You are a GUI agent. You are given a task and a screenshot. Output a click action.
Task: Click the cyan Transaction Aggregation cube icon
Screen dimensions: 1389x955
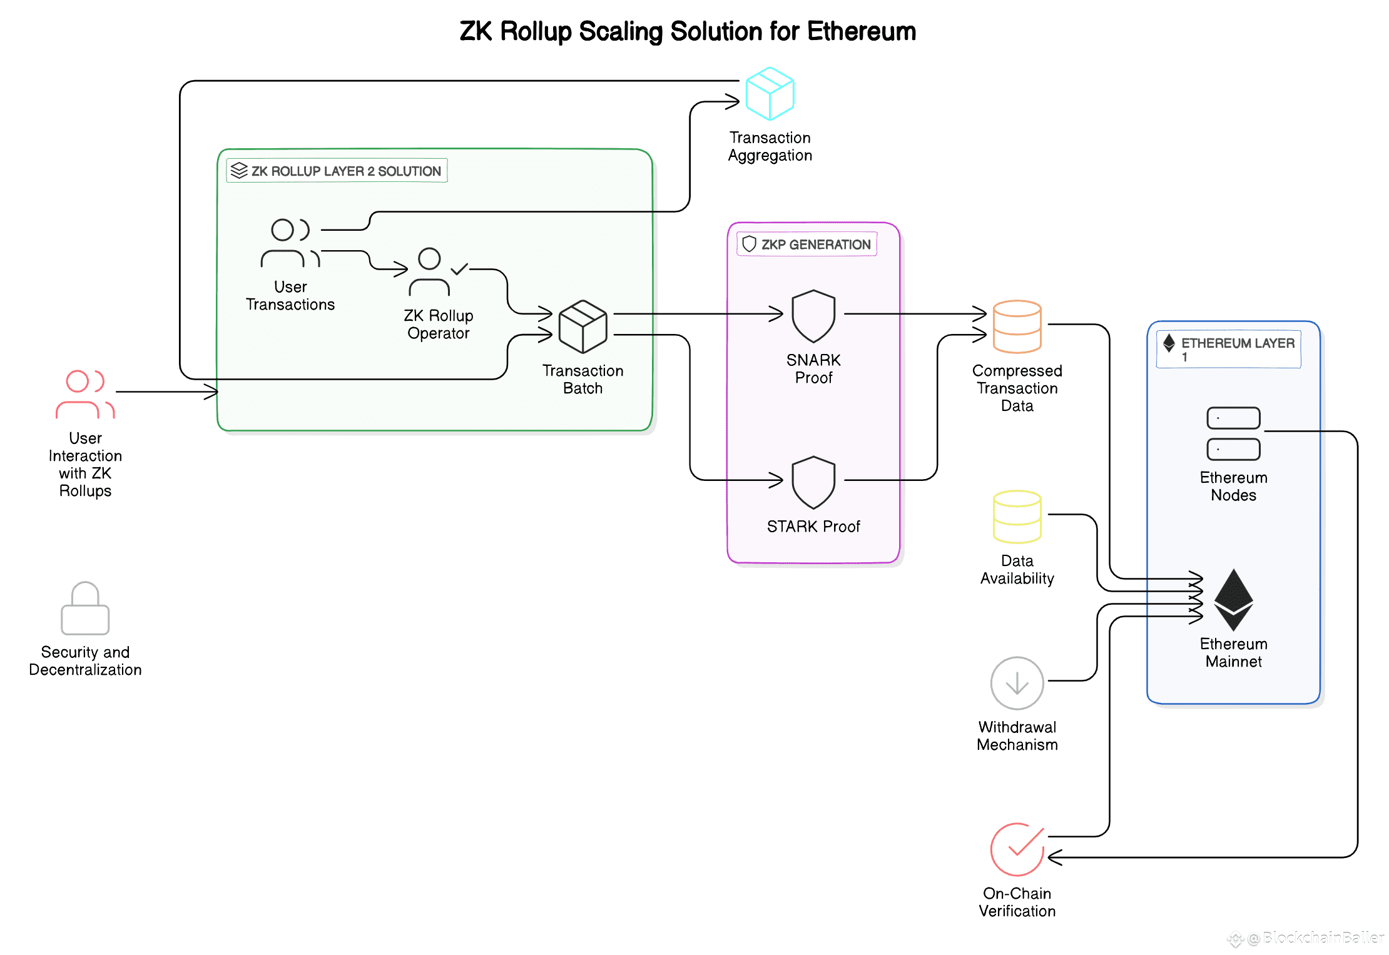pyautogui.click(x=770, y=94)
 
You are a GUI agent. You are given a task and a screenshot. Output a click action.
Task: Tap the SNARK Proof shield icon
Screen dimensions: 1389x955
pyautogui.click(x=813, y=316)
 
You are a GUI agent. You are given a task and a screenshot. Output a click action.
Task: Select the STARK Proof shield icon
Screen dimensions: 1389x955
pyautogui.click(x=813, y=482)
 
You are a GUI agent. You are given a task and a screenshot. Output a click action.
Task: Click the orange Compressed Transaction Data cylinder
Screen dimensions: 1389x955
pyautogui.click(x=1017, y=326)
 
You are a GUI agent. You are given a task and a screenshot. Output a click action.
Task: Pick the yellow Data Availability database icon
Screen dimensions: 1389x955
pyautogui.click(x=1017, y=517)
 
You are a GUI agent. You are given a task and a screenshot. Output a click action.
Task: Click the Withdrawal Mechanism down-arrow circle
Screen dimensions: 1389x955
pyautogui.click(x=1017, y=683)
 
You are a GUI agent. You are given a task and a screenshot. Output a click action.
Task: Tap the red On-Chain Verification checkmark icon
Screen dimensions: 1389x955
pyautogui.click(x=1017, y=849)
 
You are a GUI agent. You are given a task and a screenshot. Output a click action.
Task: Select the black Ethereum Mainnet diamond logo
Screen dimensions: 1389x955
pyautogui.click(x=1233, y=600)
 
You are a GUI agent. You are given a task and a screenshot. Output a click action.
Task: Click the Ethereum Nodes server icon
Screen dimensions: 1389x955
pyautogui.click(x=1233, y=433)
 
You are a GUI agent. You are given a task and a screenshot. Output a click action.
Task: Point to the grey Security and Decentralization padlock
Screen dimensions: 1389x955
pyautogui.click(x=85, y=608)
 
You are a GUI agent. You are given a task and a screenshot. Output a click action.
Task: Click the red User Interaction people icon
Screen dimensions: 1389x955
pyautogui.click(x=85, y=394)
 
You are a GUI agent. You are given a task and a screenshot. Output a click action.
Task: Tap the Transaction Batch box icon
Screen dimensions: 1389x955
pyautogui.click(x=583, y=326)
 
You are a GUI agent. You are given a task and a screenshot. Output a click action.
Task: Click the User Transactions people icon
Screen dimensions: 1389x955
pyautogui.click(x=290, y=243)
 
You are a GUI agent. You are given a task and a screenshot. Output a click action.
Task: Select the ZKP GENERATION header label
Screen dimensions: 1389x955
pyautogui.click(x=807, y=244)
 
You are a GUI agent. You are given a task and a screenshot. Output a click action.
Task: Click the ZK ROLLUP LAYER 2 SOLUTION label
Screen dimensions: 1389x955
pyautogui.click(x=337, y=171)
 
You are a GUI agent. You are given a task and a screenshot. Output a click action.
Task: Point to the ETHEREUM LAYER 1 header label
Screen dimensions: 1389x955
pyautogui.click(x=1229, y=349)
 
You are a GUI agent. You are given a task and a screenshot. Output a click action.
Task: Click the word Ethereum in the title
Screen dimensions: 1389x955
pyautogui.click(x=862, y=31)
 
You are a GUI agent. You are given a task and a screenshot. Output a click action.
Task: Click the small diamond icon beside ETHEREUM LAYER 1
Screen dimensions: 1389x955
pyautogui.click(x=1169, y=343)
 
